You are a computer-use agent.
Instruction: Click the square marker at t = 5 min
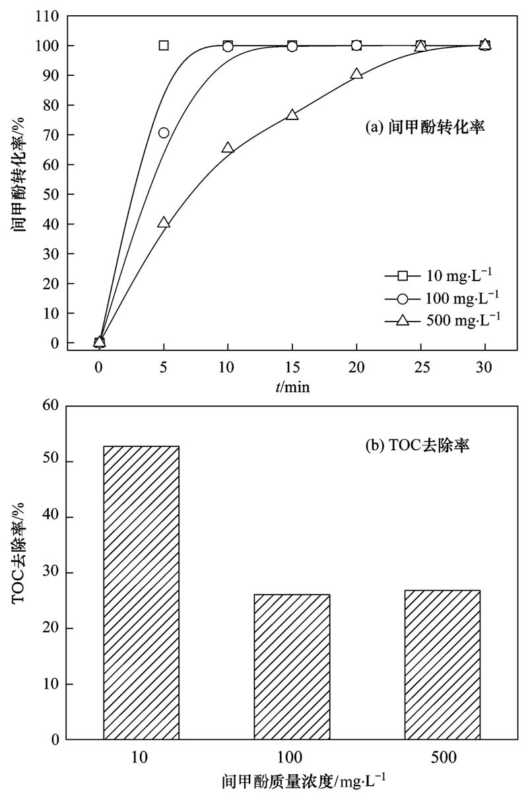tap(164, 46)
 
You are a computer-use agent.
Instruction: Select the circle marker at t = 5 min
tap(164, 133)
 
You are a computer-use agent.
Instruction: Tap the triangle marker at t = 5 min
tap(164, 223)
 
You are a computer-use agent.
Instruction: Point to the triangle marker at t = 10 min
tap(228, 148)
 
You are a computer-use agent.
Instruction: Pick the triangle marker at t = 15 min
tap(292, 115)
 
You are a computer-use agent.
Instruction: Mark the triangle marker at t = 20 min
tap(356, 74)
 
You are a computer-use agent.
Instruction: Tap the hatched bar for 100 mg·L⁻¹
tap(292, 667)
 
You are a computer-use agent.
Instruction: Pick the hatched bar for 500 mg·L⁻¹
tap(443, 665)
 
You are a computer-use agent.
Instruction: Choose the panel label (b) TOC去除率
tap(416, 446)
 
